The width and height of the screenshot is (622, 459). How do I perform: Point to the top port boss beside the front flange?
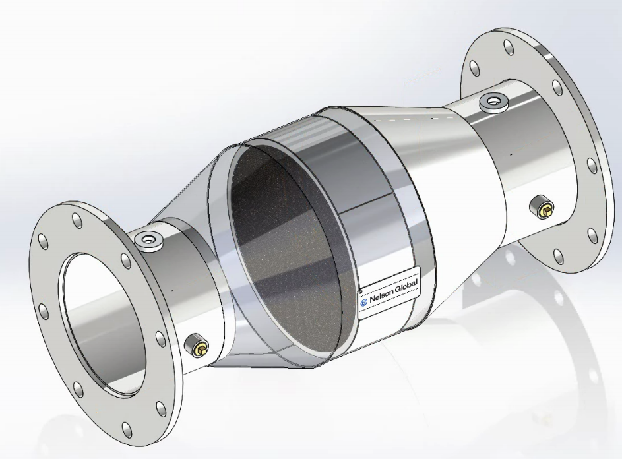pyautogui.click(x=148, y=241)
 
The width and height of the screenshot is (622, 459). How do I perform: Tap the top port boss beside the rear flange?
pyautogui.click(x=493, y=102)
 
